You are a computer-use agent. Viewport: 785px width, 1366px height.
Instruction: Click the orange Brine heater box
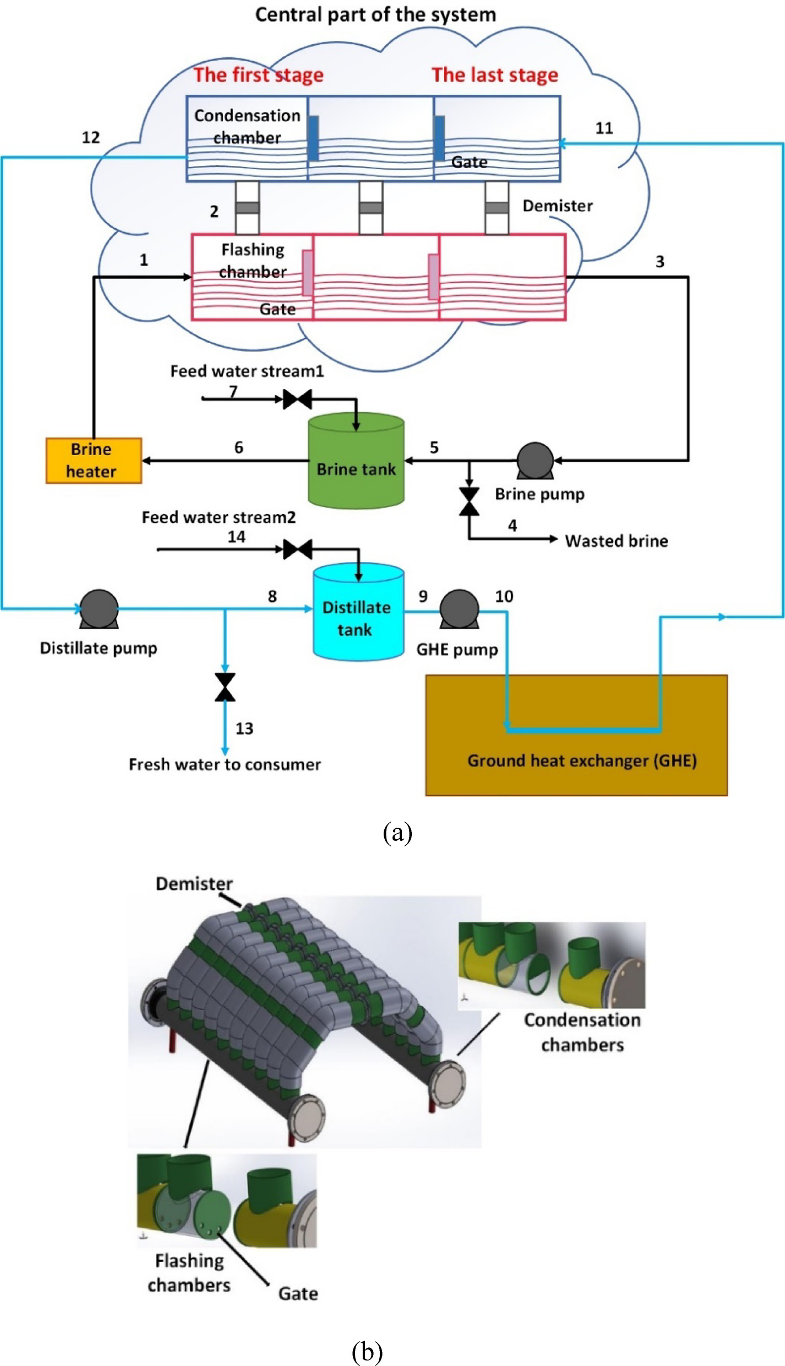93,460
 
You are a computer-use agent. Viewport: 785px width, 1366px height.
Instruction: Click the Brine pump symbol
535,460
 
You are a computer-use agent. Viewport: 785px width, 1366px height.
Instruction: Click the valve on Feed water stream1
297,398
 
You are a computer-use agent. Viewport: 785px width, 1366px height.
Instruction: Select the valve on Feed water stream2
297,549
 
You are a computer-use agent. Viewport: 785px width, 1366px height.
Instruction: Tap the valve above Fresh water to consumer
225,687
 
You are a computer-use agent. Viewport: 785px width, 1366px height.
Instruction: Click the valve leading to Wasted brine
469,501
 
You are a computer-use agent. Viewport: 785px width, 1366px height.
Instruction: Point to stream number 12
91,137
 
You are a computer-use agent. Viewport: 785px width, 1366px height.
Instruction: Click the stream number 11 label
604,128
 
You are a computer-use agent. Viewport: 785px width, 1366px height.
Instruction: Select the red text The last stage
494,75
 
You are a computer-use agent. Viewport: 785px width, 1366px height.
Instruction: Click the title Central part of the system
375,14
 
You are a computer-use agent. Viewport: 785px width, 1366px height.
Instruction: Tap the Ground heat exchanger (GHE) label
582,760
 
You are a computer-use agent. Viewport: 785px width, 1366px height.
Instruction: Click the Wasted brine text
616,541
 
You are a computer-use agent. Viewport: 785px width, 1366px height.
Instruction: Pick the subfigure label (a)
397,833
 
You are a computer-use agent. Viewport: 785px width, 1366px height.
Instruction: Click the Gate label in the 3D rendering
298,1293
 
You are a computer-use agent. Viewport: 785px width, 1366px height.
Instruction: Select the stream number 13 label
244,728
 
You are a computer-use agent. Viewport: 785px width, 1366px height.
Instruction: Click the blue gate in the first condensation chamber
313,138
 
